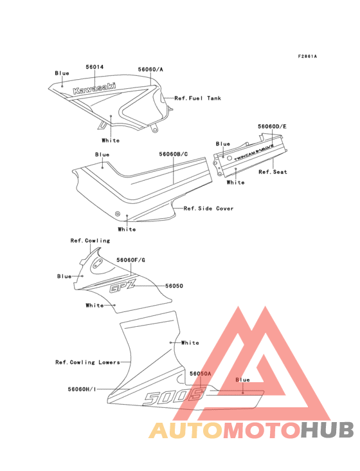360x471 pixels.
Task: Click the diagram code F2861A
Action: [x=307, y=56]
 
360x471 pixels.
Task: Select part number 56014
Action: [x=94, y=67]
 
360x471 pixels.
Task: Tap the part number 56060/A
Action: [x=150, y=69]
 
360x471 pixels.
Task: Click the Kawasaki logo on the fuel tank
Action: [x=94, y=88]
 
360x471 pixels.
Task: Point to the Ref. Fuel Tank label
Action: [x=198, y=98]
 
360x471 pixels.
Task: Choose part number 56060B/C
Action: [x=174, y=154]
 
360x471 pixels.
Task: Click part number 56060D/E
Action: [x=272, y=127]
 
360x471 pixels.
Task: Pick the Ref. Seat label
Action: [x=273, y=172]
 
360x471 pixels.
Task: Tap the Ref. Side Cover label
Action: [x=208, y=208]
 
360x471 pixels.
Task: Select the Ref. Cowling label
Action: [x=90, y=241]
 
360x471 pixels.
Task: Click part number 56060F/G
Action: [x=130, y=260]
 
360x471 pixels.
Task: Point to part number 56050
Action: [x=174, y=286]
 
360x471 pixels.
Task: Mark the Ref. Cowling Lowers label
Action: [x=87, y=362]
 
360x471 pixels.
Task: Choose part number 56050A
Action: [x=201, y=373]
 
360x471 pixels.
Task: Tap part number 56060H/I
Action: [x=82, y=389]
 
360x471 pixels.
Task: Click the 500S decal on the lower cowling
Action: [x=174, y=397]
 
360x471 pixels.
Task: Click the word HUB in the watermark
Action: [x=328, y=430]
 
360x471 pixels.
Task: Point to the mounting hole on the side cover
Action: [x=118, y=213]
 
